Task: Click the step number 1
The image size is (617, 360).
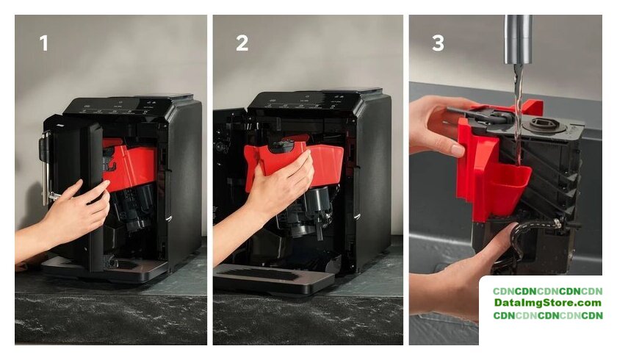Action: tap(43, 43)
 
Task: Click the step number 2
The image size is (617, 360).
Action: tap(242, 43)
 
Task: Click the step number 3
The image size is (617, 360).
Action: tap(438, 43)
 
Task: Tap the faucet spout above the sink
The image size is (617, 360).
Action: tap(519, 40)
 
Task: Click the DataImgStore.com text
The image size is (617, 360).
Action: tap(548, 303)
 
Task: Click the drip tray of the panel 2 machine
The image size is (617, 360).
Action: tap(273, 278)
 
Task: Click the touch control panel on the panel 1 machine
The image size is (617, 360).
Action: tap(118, 107)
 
